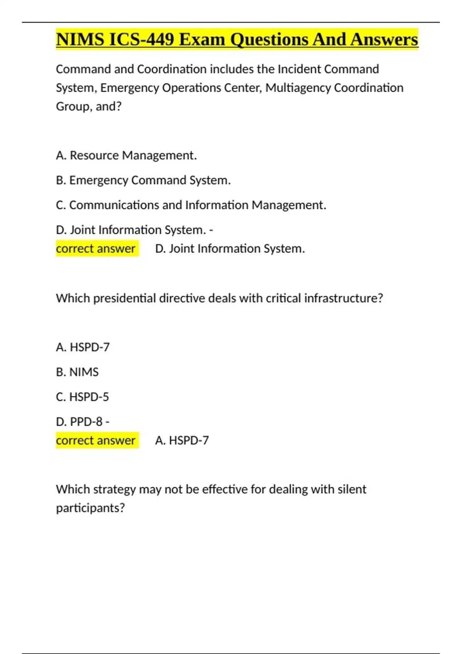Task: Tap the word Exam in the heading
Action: point(202,40)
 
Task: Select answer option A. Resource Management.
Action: point(126,155)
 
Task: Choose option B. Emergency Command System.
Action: point(143,180)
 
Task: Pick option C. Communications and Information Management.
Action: point(191,205)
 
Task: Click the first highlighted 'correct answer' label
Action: point(96,249)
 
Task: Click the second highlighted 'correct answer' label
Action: point(96,440)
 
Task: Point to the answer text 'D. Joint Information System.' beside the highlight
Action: point(230,249)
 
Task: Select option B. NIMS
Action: point(77,372)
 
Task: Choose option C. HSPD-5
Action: point(82,397)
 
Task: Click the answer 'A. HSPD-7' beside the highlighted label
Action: point(182,440)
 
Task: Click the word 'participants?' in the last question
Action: point(90,508)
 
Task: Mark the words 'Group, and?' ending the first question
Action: point(89,106)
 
